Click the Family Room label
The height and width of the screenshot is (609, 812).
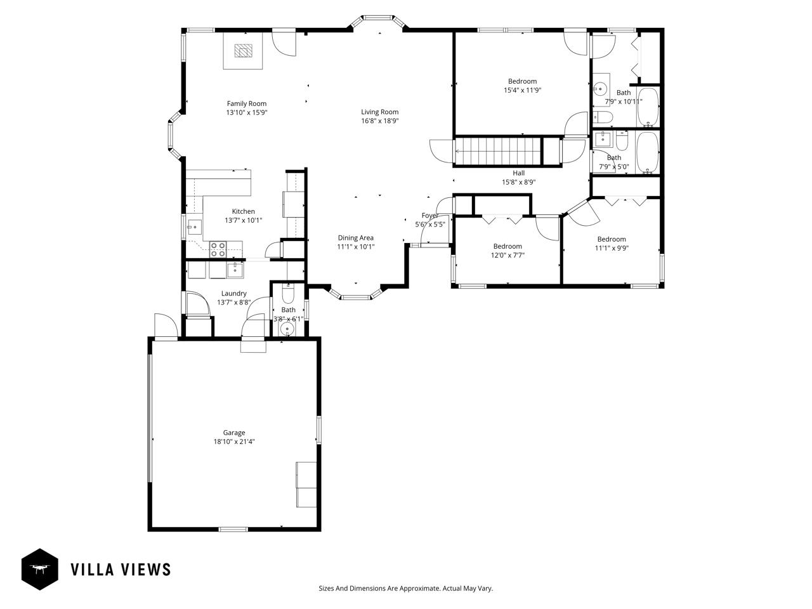247,103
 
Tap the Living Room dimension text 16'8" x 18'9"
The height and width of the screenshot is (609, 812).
380,121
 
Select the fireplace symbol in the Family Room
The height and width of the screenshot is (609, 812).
243,51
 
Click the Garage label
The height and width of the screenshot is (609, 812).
234,433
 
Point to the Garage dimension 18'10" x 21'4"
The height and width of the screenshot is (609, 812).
234,442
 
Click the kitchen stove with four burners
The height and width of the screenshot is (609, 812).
218,249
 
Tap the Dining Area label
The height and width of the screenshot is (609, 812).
355,238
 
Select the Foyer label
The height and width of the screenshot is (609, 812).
430,216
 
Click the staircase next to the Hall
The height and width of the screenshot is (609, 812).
498,152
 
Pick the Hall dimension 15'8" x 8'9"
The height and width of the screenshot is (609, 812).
519,181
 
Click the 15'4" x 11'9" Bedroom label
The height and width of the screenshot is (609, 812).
522,81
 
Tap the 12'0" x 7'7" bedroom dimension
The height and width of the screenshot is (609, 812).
507,255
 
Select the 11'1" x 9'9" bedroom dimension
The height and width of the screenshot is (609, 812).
612,248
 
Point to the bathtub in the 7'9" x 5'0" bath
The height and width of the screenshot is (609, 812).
647,152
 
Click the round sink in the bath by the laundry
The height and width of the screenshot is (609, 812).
288,329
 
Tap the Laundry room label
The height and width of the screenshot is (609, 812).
234,293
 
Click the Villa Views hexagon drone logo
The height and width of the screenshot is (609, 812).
40,569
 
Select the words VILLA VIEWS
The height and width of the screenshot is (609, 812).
121,569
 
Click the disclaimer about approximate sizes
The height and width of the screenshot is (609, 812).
405,588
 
